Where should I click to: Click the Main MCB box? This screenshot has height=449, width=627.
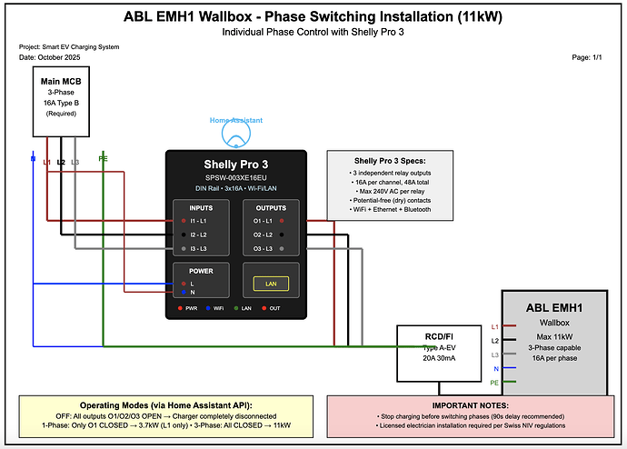tap(61, 102)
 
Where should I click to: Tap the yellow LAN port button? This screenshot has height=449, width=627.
tap(270, 284)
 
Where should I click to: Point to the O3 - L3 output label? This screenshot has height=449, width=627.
tap(264, 248)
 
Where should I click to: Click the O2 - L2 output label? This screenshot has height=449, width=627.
tap(264, 234)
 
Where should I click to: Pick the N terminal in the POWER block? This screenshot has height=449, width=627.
tap(192, 292)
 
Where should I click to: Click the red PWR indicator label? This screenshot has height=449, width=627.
tap(189, 308)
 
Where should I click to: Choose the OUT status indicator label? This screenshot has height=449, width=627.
tap(274, 308)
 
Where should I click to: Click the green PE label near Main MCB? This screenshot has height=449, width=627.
tap(103, 161)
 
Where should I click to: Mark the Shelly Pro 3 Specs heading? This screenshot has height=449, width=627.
tap(391, 160)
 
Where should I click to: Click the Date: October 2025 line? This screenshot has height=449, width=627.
tap(52, 57)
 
